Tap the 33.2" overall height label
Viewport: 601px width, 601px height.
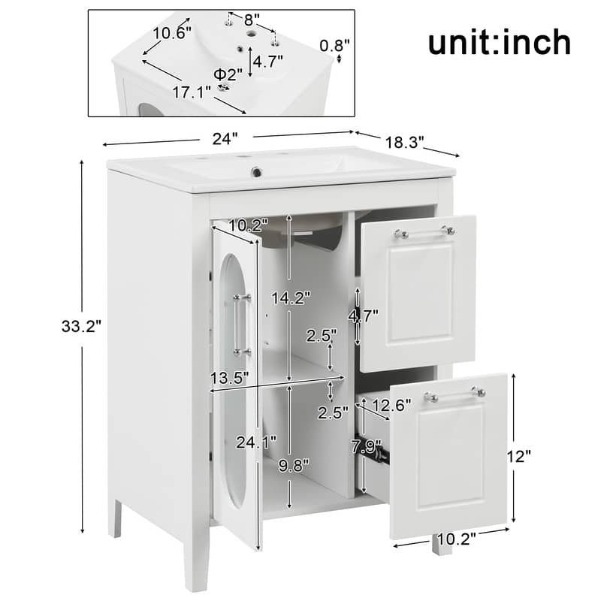coord(82,326)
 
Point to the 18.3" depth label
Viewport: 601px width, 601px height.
coord(404,141)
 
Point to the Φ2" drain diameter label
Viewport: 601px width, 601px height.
coord(228,74)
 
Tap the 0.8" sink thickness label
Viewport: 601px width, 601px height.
coord(335,46)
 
